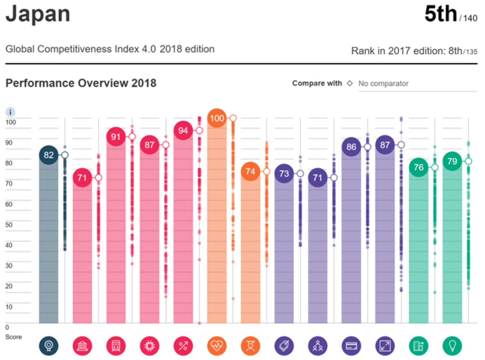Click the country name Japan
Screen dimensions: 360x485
point(38,14)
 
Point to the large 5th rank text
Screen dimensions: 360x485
point(441,14)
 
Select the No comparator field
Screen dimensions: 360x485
point(417,83)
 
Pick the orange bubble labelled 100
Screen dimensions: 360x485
point(217,118)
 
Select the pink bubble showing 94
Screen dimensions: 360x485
point(183,130)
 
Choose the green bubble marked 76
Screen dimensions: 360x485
point(418,167)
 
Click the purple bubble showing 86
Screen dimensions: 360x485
point(351,147)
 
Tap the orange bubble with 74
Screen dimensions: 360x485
point(250,171)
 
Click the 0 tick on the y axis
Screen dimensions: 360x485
point(7,327)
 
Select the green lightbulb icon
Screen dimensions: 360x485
point(452,346)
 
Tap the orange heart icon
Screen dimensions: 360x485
point(217,346)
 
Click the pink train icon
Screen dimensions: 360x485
point(116,346)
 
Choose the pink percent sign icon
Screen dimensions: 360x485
point(183,346)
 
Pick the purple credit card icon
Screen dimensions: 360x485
point(351,346)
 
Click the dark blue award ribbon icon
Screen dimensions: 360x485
point(48,346)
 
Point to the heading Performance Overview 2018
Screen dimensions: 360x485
point(81,83)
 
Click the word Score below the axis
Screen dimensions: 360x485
point(13,337)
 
